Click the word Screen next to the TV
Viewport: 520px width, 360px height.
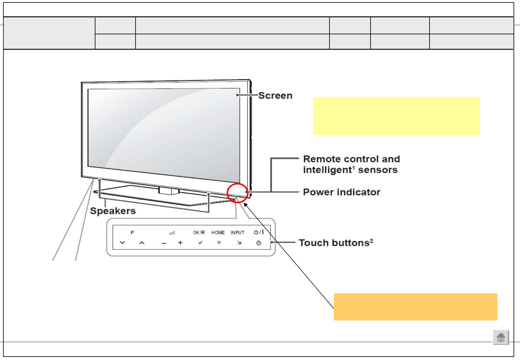(x=275, y=96)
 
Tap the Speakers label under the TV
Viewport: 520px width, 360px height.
(x=113, y=211)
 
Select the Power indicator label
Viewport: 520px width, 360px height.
(x=342, y=192)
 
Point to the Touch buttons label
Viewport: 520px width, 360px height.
(x=336, y=243)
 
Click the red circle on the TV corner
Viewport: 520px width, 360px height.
(x=237, y=193)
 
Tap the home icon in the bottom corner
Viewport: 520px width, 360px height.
(x=501, y=337)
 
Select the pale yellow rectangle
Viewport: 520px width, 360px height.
(x=396, y=116)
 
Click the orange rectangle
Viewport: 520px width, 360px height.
(x=415, y=307)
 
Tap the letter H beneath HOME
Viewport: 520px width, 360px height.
(x=219, y=243)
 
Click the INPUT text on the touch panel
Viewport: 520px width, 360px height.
(x=237, y=232)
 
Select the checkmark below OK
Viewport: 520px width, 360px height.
(x=200, y=243)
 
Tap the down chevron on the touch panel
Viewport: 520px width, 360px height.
(x=122, y=243)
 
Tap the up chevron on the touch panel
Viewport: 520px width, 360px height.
(x=142, y=243)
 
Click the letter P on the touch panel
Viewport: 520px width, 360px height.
(x=132, y=232)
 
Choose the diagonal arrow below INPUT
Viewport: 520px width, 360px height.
(x=239, y=243)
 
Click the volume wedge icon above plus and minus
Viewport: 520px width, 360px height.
(x=172, y=232)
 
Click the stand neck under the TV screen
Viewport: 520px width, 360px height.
(x=169, y=190)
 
